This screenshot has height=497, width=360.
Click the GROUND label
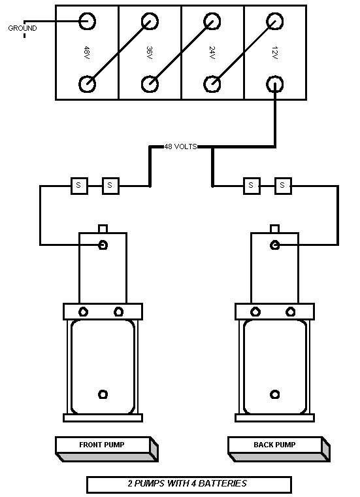22,28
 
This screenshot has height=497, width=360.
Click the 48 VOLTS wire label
181,147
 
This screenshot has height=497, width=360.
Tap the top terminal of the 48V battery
87,21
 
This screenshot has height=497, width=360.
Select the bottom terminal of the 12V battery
274,84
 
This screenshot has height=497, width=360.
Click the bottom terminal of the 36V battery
150,84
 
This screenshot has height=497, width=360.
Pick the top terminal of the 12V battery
274,21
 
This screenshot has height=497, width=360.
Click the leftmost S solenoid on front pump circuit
78,186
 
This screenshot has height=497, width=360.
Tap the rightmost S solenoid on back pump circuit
282,186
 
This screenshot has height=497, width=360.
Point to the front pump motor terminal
103,245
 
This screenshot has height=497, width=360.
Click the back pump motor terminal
275,245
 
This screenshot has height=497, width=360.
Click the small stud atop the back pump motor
275,228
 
